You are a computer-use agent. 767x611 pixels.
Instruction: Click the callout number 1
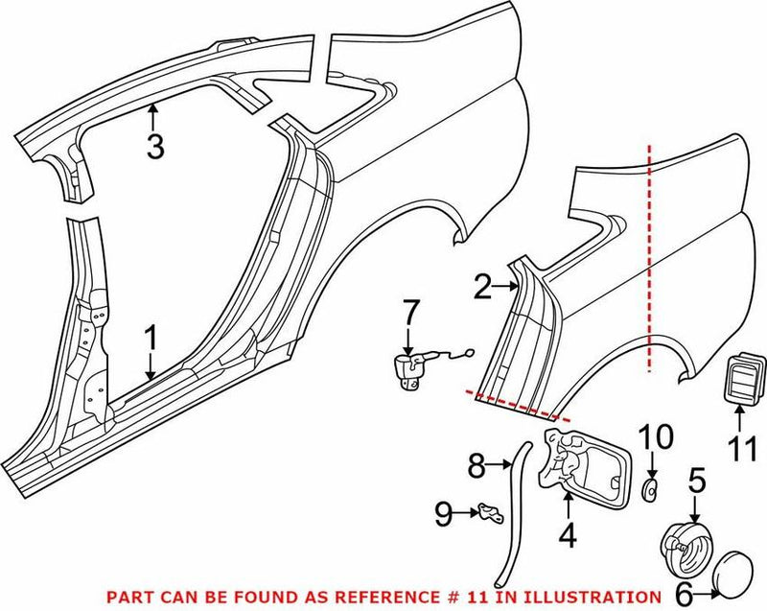(x=150, y=339)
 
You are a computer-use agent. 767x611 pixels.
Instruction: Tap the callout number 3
(x=154, y=146)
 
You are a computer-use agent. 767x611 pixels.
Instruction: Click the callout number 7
(x=409, y=313)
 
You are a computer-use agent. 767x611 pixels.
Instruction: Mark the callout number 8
(x=476, y=467)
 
